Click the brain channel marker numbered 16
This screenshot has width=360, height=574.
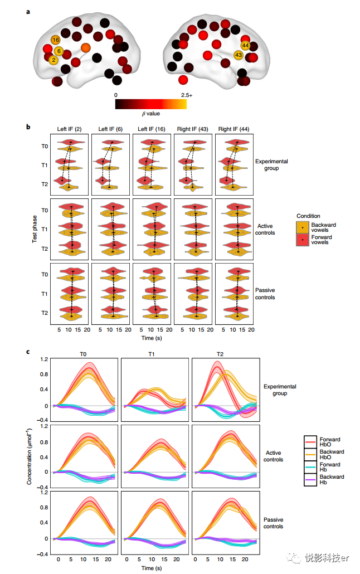click(x=55, y=40)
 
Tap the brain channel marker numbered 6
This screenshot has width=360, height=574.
click(x=59, y=51)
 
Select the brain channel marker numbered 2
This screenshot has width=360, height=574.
click(x=53, y=60)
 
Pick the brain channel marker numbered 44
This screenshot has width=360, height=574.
click(x=245, y=45)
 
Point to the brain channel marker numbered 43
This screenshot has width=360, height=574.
click(x=239, y=55)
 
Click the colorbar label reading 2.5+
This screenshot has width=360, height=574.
click(x=186, y=95)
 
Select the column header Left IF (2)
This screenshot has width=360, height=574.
click(x=70, y=129)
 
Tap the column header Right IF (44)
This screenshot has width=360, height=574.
click(x=234, y=129)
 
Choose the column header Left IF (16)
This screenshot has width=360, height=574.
click(x=152, y=129)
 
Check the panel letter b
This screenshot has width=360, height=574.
click(x=29, y=127)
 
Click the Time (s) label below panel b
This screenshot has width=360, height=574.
click(x=152, y=338)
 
